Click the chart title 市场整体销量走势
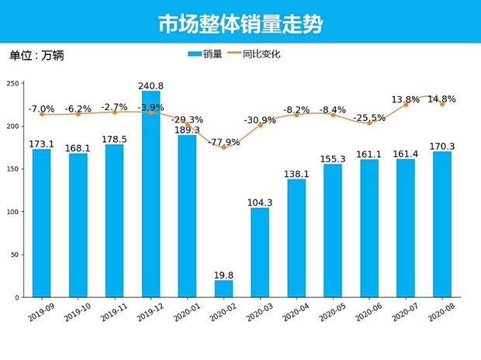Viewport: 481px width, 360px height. pos(240,23)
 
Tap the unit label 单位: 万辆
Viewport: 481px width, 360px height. pos(36,56)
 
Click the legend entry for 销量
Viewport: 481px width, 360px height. pos(206,54)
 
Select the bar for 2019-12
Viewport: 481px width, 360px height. pos(151,194)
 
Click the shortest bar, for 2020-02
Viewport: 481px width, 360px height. pos(223,289)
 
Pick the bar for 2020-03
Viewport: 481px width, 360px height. pos(260,252)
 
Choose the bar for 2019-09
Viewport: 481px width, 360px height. pos(42,223)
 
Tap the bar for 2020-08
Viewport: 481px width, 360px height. pos(441,224)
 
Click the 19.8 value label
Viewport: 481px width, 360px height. pos(223,275)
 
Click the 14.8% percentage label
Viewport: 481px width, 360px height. pos(441,99)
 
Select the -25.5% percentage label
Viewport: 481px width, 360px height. pos(369,118)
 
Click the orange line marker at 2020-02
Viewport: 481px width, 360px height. pos(223,147)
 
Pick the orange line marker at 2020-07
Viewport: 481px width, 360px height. pos(406,104)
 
